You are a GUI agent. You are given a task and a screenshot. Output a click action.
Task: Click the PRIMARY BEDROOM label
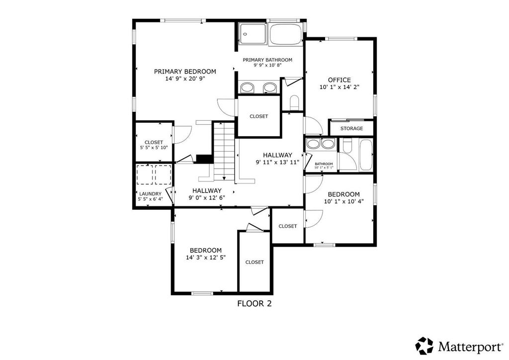(x=185, y=72)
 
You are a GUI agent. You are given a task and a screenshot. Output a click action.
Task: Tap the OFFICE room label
(x=339, y=80)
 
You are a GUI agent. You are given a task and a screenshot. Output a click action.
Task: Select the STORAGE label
(x=351, y=129)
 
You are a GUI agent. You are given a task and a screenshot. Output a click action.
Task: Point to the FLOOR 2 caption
(x=254, y=303)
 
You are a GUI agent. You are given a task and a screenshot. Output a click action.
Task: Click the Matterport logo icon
(x=424, y=346)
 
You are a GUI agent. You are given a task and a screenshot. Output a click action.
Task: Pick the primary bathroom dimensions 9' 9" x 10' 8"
(x=267, y=65)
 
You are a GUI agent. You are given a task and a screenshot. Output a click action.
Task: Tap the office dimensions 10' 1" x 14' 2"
(x=339, y=87)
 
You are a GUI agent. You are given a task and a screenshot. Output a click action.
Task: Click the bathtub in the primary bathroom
(x=286, y=34)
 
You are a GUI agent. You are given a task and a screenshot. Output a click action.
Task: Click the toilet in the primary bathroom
(x=294, y=101)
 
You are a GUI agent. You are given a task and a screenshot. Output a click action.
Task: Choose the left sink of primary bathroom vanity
(x=248, y=88)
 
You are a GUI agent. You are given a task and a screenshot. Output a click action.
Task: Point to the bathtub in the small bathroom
(x=366, y=155)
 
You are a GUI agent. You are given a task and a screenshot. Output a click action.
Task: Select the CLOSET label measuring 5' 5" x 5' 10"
(x=154, y=143)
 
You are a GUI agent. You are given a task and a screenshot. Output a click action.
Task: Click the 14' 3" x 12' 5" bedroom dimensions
(x=205, y=258)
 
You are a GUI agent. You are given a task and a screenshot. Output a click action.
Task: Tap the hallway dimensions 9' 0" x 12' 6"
(x=207, y=198)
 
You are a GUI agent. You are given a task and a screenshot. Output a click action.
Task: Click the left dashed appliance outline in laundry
(x=145, y=175)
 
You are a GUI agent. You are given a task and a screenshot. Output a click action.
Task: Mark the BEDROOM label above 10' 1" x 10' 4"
(x=343, y=194)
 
